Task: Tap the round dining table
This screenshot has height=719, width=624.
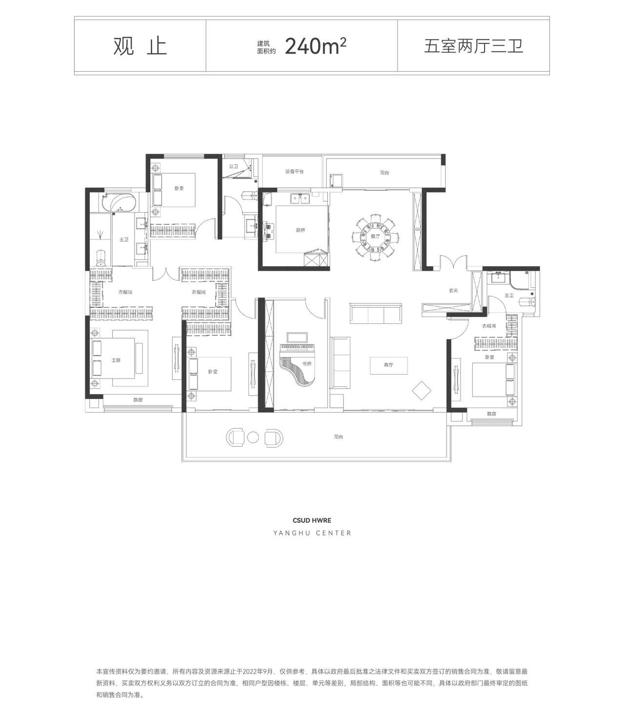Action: point(375,236)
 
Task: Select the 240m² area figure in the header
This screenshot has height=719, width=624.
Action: point(315,46)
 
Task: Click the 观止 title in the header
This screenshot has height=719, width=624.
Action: point(140,46)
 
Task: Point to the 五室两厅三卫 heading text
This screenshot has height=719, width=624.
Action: point(473,46)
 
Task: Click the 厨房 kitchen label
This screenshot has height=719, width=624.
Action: point(301,230)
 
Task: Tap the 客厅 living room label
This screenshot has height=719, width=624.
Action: point(388,365)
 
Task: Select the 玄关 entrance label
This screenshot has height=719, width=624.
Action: point(453,291)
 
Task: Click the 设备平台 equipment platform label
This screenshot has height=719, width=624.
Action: point(294,172)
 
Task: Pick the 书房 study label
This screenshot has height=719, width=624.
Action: point(307,363)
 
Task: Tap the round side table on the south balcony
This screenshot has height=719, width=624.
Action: point(253,438)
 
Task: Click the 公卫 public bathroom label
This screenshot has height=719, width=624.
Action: point(234,166)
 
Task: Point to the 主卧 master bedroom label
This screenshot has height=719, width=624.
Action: point(116,360)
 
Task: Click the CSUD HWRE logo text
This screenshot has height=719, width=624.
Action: point(312,520)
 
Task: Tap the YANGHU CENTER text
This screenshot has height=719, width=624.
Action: point(312,533)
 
